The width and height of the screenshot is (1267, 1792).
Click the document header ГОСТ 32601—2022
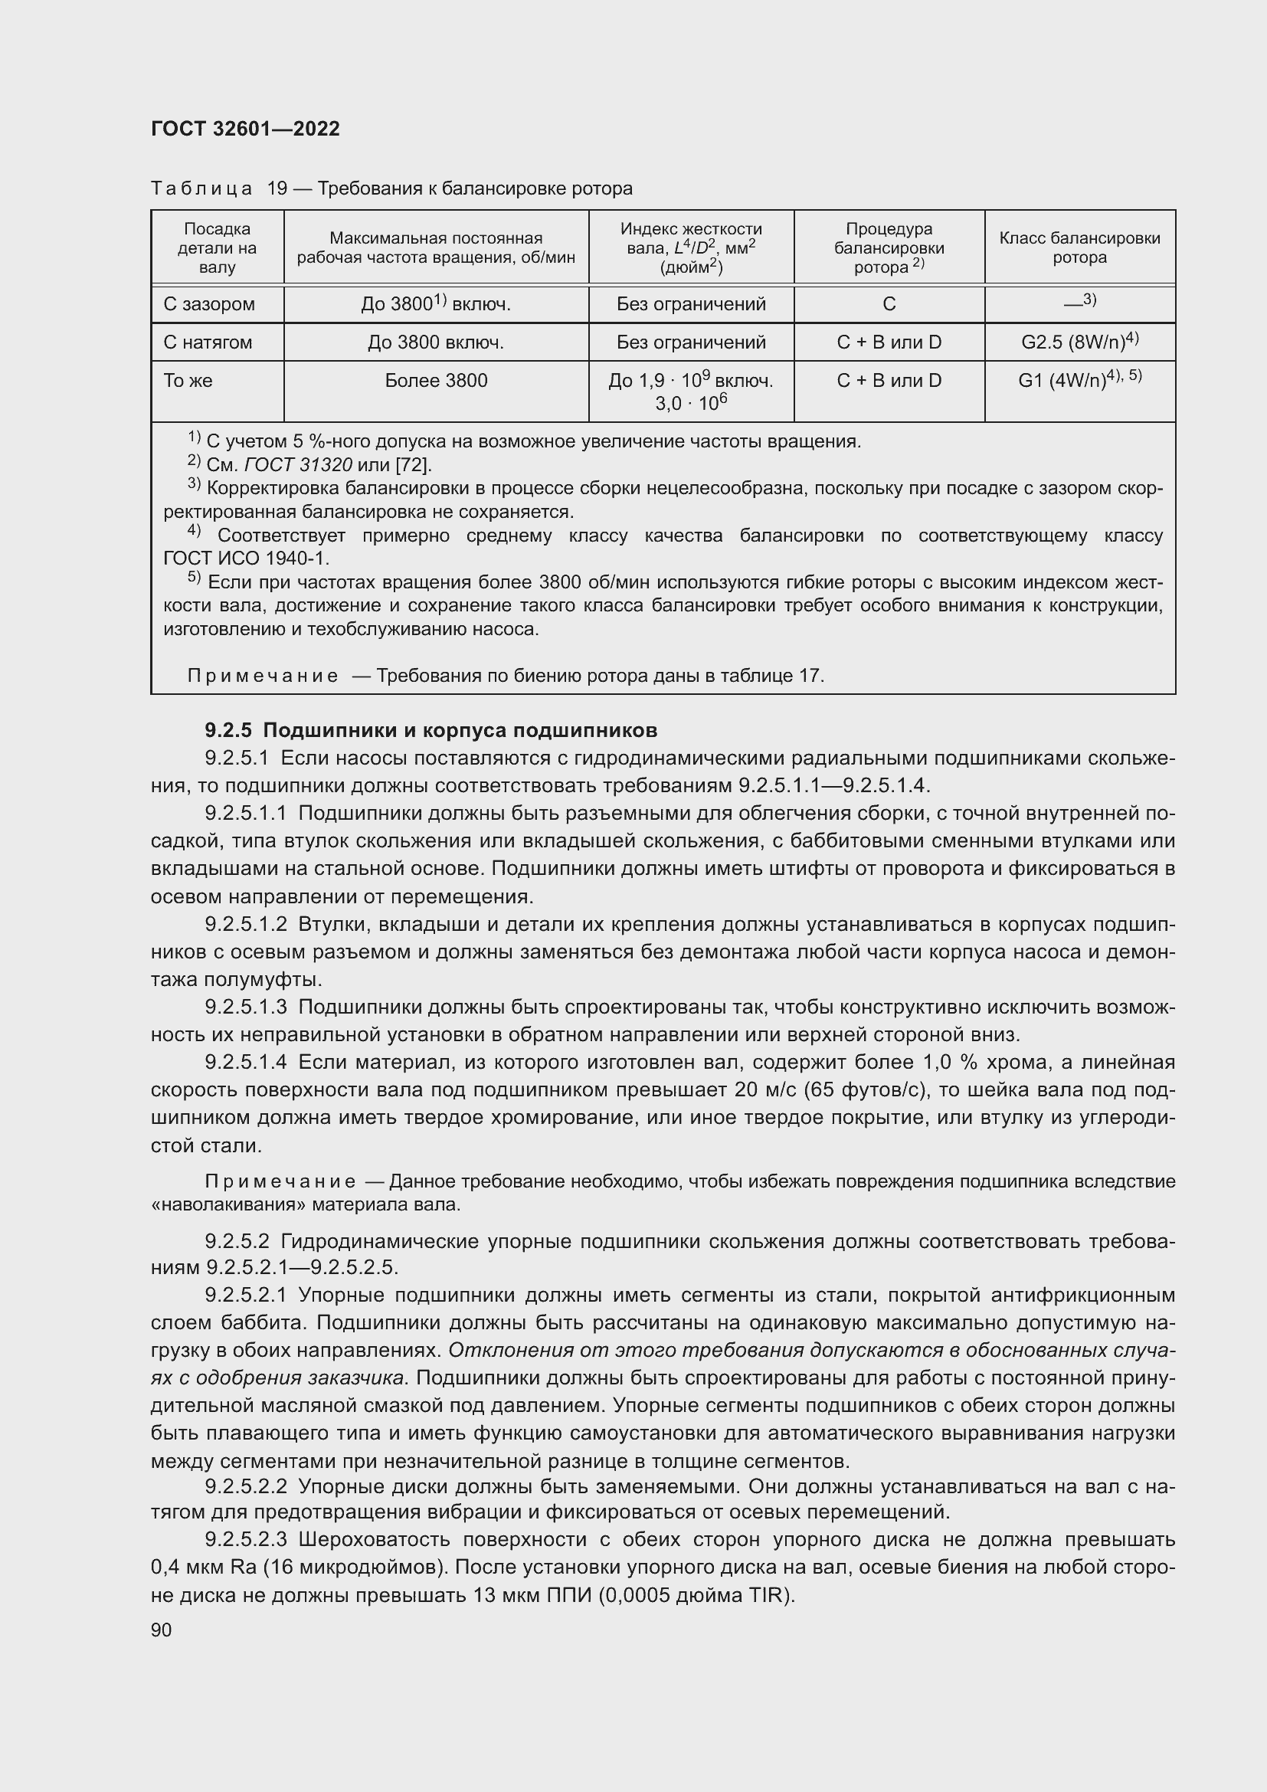[245, 129]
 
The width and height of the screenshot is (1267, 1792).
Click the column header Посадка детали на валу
[217, 247]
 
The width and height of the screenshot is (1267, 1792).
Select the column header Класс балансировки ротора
[1079, 247]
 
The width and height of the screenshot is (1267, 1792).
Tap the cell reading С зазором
[209, 304]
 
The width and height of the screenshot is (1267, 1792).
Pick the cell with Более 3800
[435, 381]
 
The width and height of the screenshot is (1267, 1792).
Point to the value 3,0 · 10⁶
[690, 403]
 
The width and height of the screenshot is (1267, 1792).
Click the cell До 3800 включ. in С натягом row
[435, 342]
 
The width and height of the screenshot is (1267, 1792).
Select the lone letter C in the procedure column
[889, 304]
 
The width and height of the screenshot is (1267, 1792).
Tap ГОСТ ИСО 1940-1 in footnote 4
[247, 559]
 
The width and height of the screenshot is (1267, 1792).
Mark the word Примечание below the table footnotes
[263, 676]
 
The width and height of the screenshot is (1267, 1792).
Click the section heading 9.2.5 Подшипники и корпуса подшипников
[431, 731]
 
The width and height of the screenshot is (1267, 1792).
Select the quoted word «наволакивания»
[228, 1205]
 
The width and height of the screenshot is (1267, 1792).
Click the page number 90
[162, 1630]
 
